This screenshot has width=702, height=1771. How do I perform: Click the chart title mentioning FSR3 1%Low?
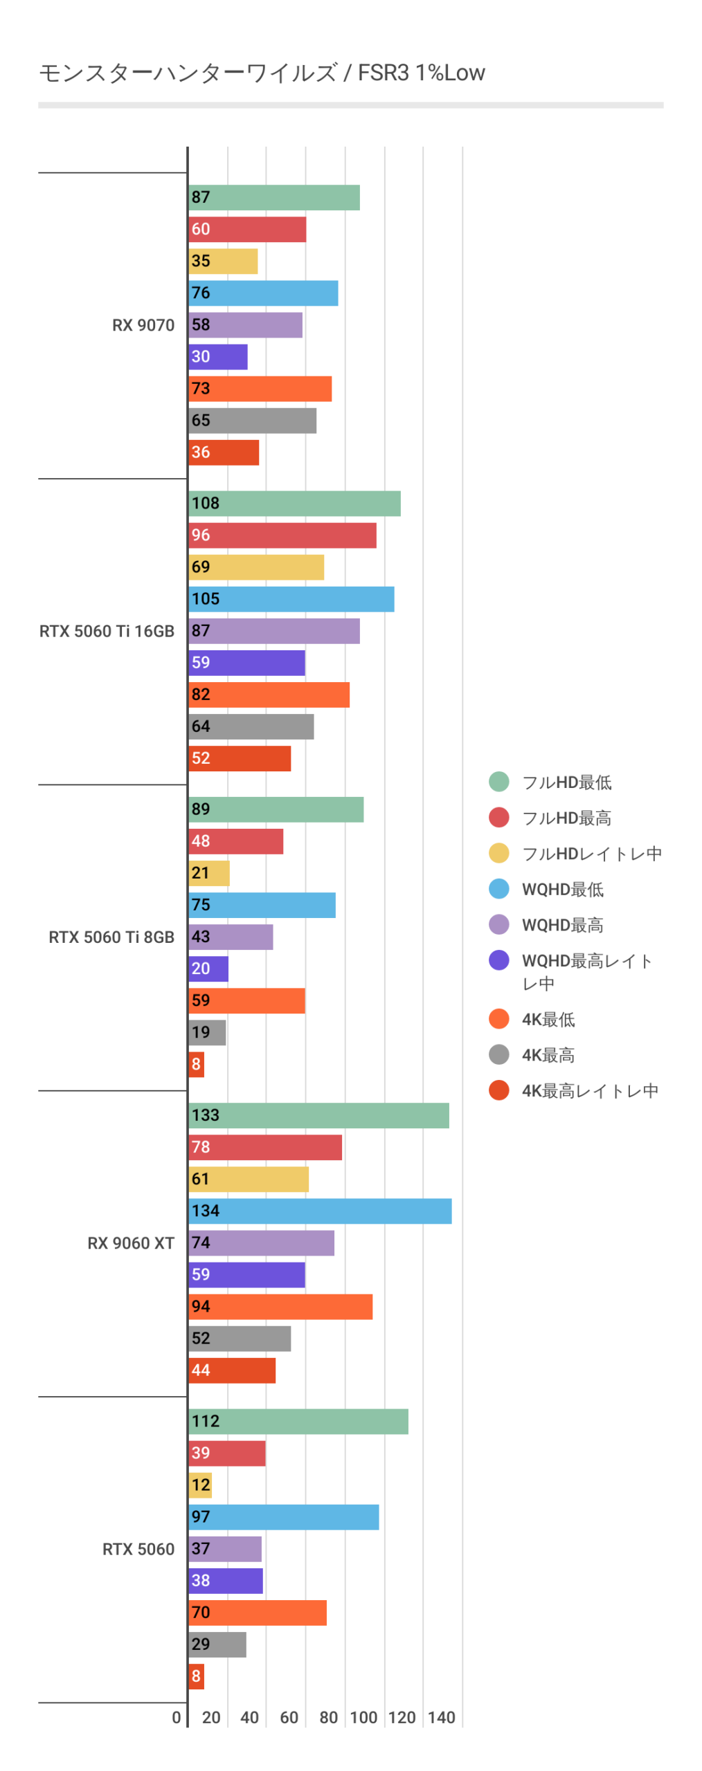click(262, 73)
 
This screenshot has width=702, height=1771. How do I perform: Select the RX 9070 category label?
click(143, 325)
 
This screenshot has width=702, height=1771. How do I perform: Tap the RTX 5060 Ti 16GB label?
click(107, 631)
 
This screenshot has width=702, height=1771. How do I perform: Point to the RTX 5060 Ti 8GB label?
click(111, 937)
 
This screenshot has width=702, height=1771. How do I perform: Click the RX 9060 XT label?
click(130, 1242)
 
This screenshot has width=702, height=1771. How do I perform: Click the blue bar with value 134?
click(319, 1211)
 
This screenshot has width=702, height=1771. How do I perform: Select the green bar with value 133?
click(318, 1115)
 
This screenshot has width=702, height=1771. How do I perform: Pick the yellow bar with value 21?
click(208, 873)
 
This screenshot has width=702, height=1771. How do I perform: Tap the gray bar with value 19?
click(206, 1032)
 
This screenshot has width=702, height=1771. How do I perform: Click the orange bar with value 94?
click(280, 1306)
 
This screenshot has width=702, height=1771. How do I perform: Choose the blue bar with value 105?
click(291, 599)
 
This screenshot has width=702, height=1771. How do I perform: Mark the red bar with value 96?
click(282, 535)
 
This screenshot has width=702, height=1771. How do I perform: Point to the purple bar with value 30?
click(217, 357)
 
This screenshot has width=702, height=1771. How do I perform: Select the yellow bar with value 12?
click(199, 1485)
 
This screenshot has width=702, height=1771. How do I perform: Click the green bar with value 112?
click(298, 1421)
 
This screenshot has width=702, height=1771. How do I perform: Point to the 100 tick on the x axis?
click(363, 1717)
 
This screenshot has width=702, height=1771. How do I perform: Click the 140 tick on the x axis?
click(441, 1717)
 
